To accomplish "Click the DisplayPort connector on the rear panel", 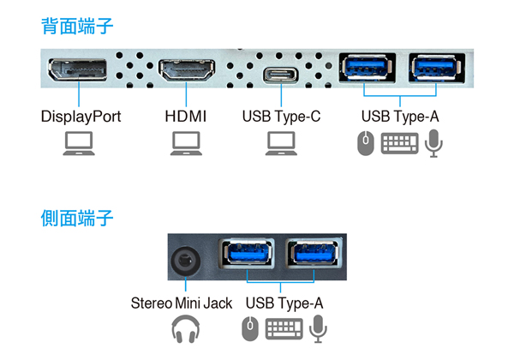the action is [77, 69].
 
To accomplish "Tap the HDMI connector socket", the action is [187, 69].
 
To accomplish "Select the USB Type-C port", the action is [281, 75].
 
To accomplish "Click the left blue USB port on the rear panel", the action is [367, 68].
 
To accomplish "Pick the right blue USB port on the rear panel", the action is [436, 68].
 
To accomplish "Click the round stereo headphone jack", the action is [185, 261].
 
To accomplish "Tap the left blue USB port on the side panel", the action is [248, 253].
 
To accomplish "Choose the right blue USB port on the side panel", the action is [314, 253].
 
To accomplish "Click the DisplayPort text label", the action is [81, 117].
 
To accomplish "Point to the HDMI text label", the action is [186, 117].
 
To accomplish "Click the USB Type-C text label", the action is [281, 117].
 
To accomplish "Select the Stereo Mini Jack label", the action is [182, 303].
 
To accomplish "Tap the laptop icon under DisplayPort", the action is [79, 143].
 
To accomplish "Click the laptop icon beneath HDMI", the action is [186, 143].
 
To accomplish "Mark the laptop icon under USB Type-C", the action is [281, 143].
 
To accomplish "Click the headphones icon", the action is [186, 329].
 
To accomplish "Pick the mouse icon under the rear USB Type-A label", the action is [366, 143].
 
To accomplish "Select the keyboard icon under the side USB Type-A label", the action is [284, 329].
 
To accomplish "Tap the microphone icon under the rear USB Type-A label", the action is [433, 143].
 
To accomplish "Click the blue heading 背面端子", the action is [77, 27].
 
